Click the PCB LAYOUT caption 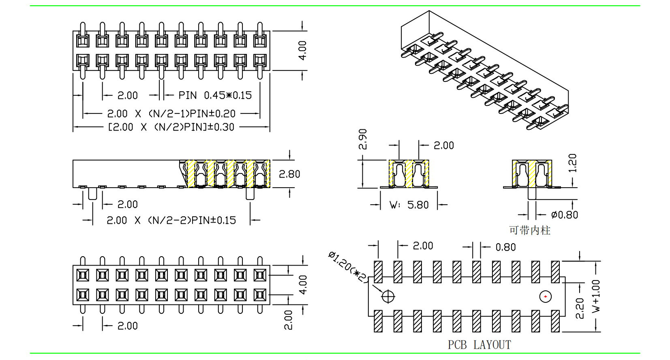click(x=479, y=345)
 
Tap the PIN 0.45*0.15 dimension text click(x=215, y=95)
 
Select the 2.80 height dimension click(x=289, y=174)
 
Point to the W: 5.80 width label click(x=409, y=205)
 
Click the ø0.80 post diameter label click(x=565, y=215)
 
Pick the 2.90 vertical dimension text click(x=363, y=139)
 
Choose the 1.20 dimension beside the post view click(x=572, y=163)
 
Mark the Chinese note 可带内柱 click(x=530, y=231)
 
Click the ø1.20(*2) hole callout click(x=348, y=266)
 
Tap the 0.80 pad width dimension click(x=505, y=247)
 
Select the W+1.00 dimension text click(x=596, y=296)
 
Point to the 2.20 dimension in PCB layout click(x=580, y=308)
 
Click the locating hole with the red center click(x=546, y=297)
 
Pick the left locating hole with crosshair click(x=388, y=297)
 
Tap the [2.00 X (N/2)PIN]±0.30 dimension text click(x=171, y=127)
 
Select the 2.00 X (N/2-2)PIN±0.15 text click(x=171, y=221)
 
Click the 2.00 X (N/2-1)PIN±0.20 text click(x=171, y=114)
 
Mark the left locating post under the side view click(x=93, y=193)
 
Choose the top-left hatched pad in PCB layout click(x=378, y=272)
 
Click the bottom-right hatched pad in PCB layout click(x=555, y=321)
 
